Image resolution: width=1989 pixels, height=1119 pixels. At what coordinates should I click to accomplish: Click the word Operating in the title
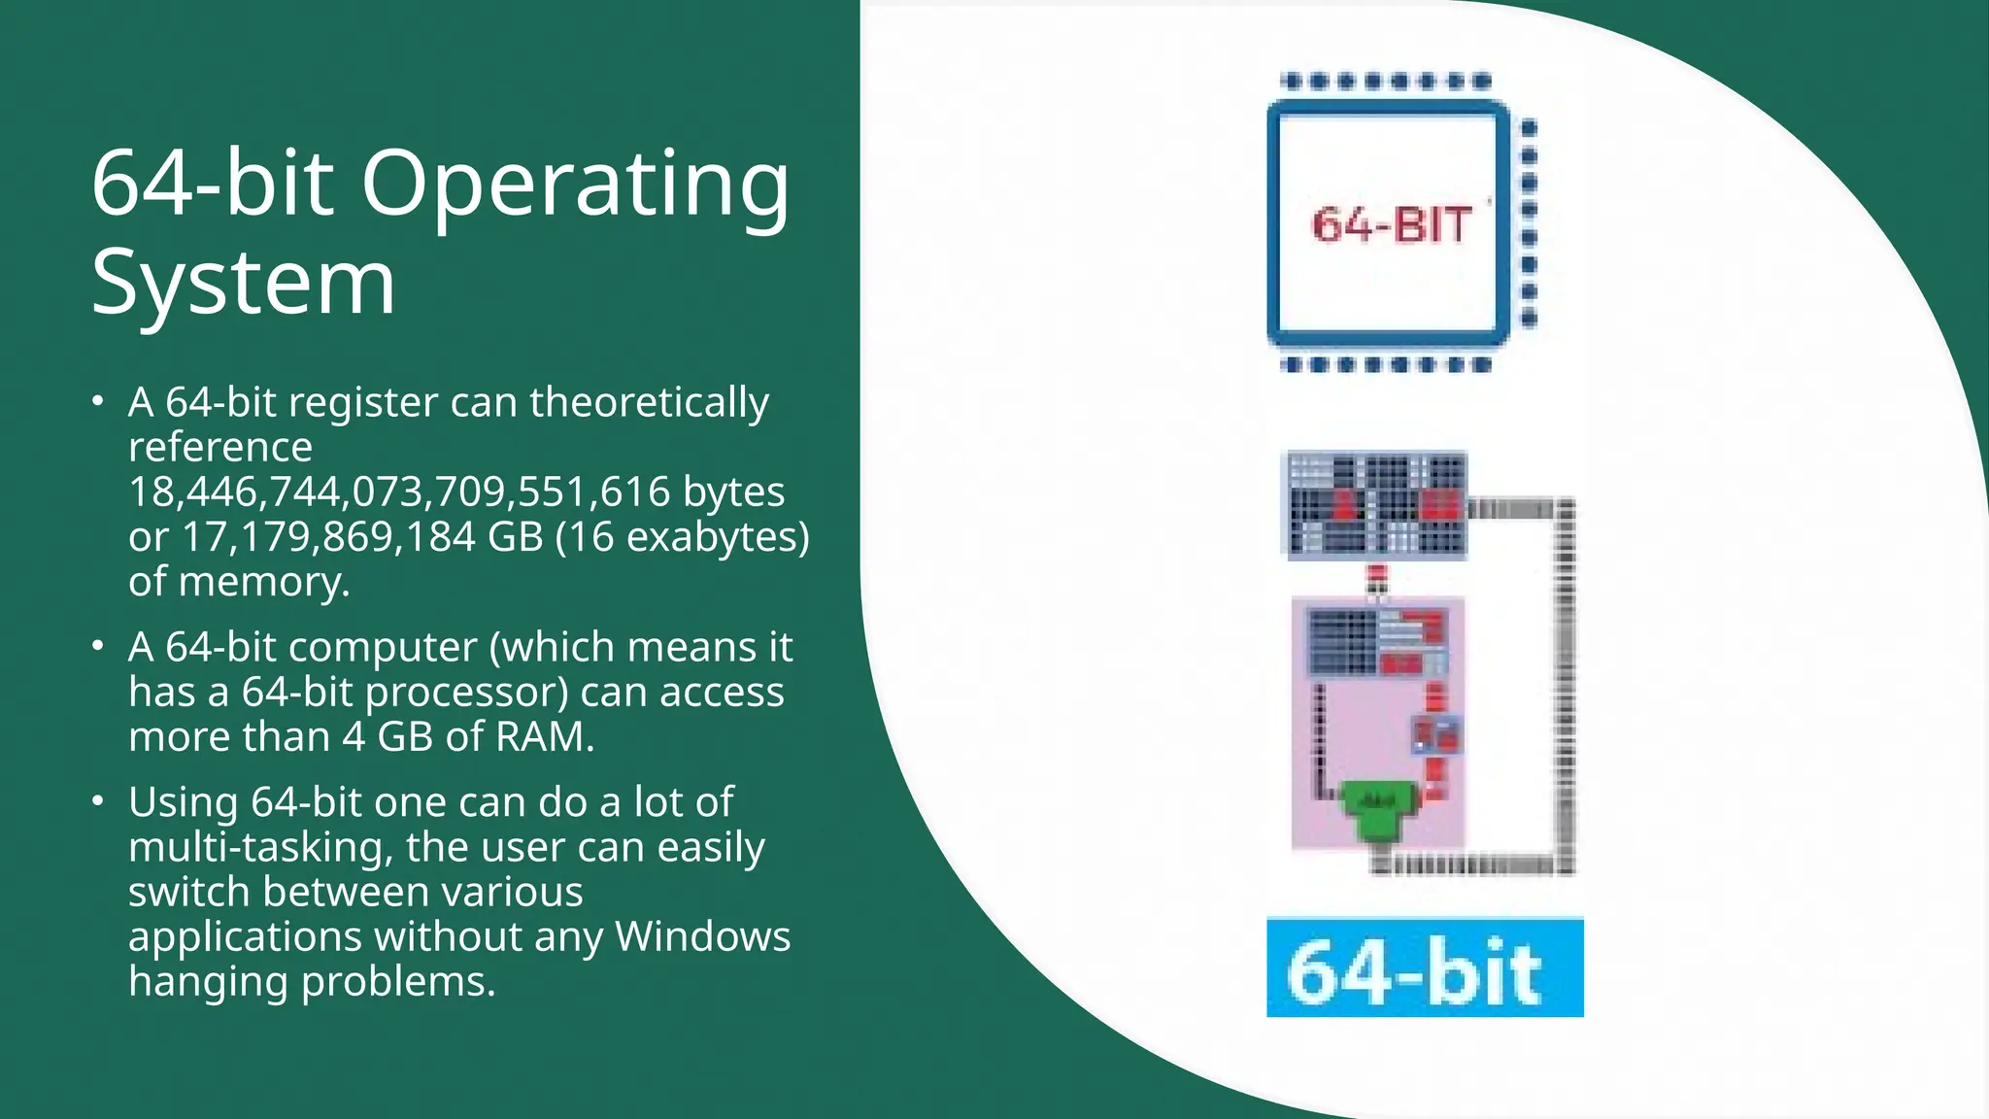click(x=576, y=185)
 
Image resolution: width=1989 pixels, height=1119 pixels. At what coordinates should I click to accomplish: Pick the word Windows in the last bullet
click(x=702, y=936)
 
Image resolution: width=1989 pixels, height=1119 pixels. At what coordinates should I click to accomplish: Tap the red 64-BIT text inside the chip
click(x=1391, y=225)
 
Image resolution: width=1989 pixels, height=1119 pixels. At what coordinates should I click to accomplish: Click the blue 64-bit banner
click(x=1425, y=967)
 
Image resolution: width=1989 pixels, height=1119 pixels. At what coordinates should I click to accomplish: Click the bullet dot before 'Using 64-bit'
click(x=97, y=801)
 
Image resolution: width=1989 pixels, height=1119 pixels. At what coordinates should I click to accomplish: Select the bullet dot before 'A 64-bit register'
click(x=97, y=401)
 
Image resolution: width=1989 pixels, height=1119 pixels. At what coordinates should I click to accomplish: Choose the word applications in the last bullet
click(x=245, y=936)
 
